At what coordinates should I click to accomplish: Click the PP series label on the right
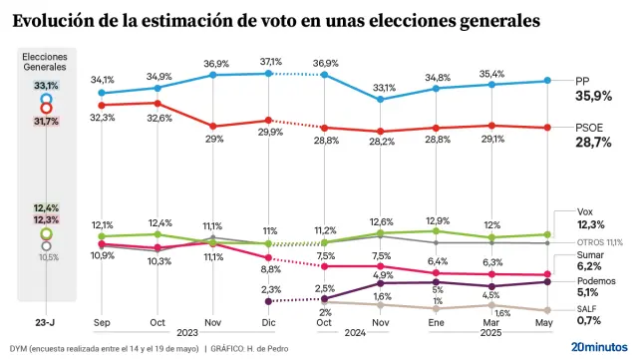pos(583,80)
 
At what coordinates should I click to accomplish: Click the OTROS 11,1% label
pos(599,241)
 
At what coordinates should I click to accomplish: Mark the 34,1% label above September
pos(103,80)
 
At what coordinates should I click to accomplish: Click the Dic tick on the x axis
pos(269,323)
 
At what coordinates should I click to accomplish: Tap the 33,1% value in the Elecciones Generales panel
pos(46,87)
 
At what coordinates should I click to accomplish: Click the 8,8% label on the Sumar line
pos(271,269)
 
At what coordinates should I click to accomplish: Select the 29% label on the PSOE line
pos(214,139)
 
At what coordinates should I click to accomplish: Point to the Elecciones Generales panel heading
pos(46,63)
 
